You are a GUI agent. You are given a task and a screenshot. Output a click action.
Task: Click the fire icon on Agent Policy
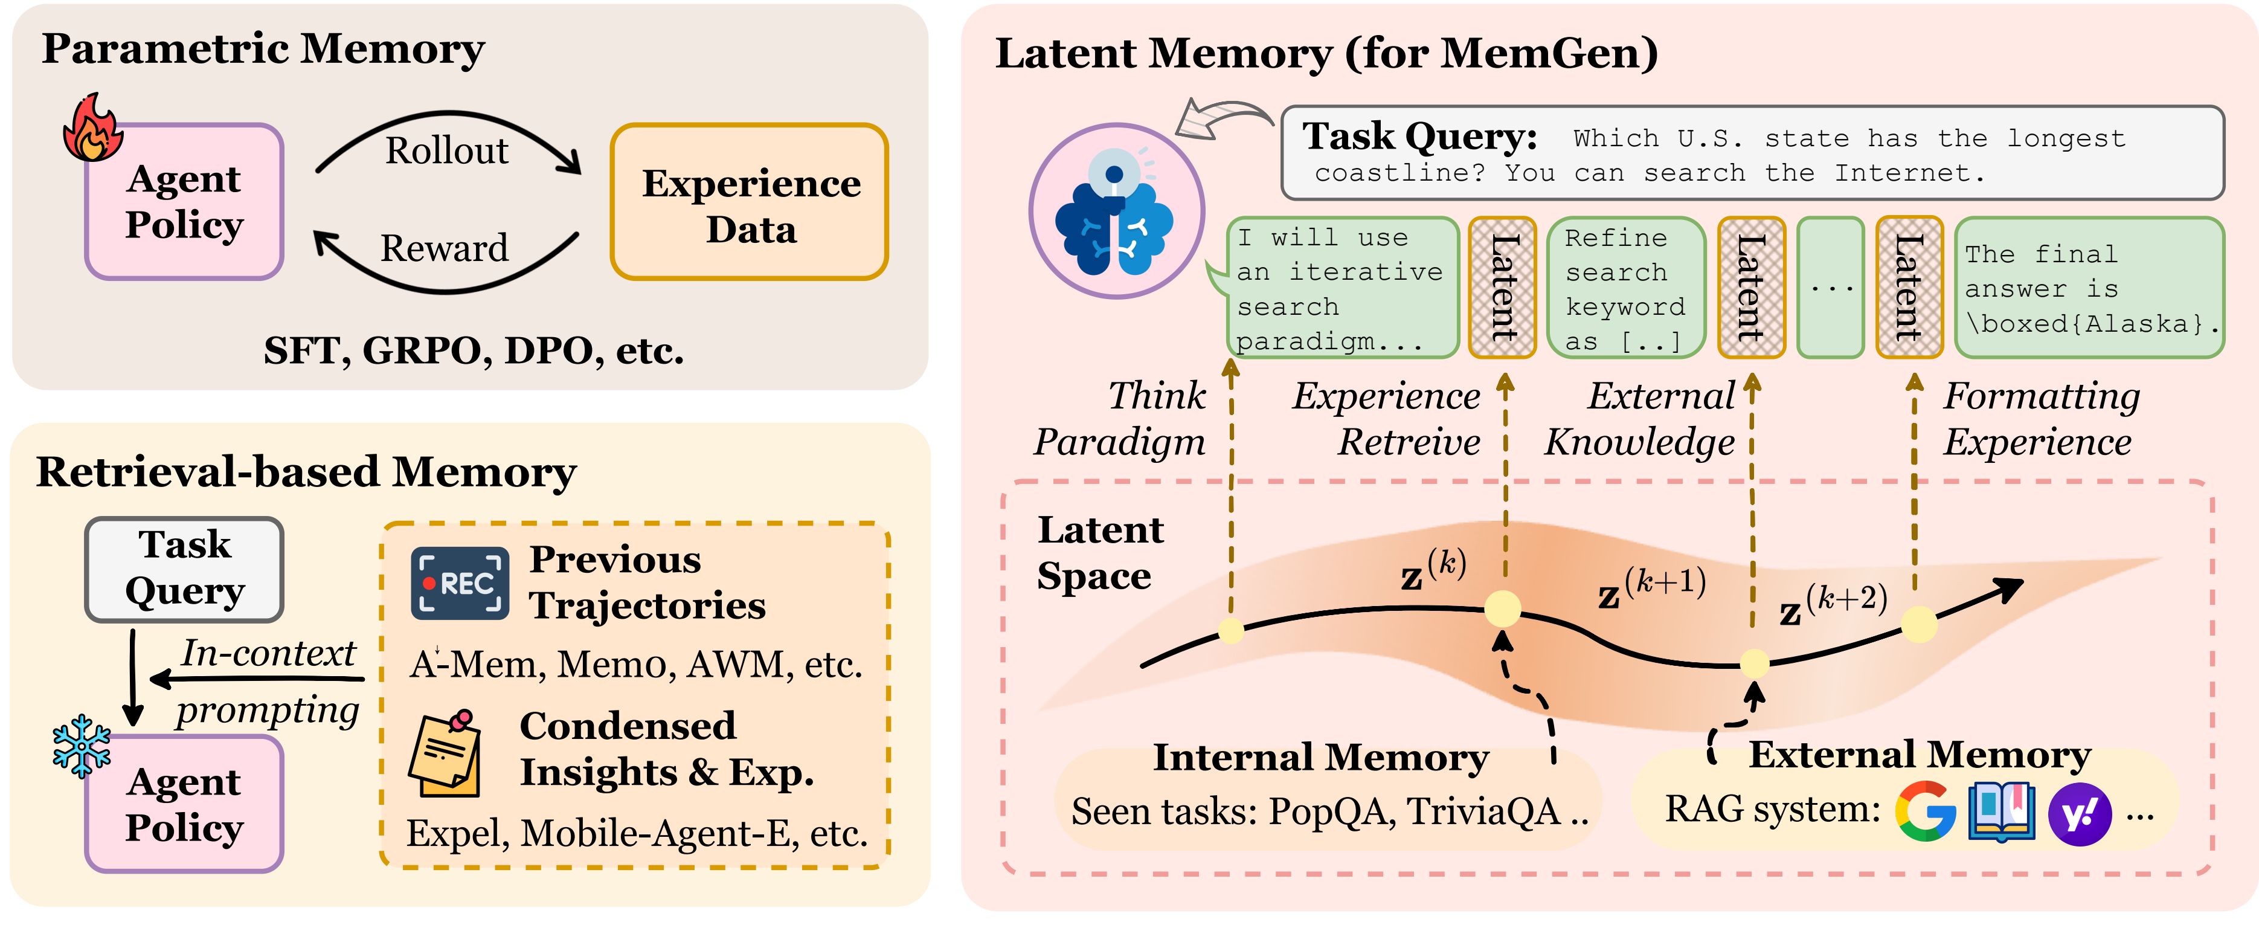point(92,128)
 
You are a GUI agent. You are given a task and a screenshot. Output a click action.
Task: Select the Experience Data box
point(750,202)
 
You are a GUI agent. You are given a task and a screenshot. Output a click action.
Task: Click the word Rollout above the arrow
point(446,151)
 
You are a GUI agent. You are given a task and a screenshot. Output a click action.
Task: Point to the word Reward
point(444,248)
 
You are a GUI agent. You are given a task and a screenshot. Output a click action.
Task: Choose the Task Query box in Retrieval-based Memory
point(184,569)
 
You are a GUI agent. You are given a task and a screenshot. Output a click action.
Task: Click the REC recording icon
point(460,584)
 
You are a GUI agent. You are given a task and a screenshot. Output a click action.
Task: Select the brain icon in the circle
point(1116,211)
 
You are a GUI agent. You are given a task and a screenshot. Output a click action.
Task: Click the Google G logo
point(1925,811)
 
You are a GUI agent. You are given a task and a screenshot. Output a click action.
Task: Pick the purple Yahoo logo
point(2078,814)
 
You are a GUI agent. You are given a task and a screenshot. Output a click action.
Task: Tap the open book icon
point(2001,811)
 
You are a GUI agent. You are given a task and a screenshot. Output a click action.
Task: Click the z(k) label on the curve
point(1433,570)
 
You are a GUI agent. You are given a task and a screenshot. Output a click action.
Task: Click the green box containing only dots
point(1830,288)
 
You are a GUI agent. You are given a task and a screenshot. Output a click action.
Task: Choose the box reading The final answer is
point(2089,288)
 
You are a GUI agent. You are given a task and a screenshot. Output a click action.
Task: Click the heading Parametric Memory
point(263,49)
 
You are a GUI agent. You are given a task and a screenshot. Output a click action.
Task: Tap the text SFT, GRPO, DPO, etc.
point(474,351)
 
